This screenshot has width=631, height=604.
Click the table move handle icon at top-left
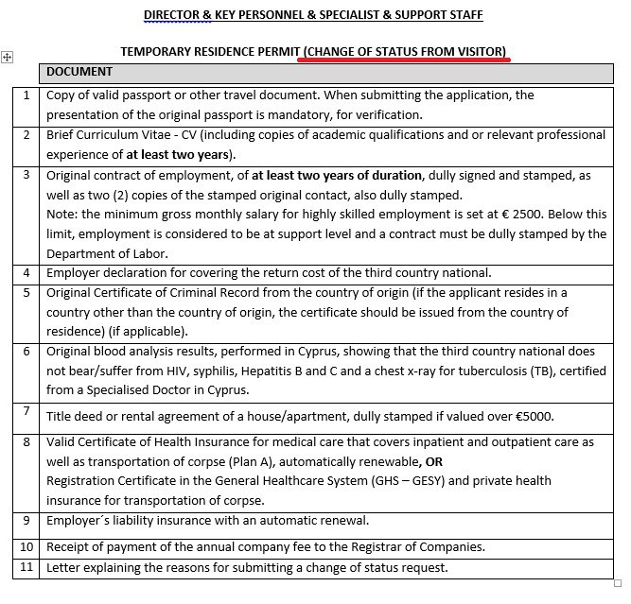click(x=8, y=58)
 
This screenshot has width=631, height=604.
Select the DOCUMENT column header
click(x=79, y=72)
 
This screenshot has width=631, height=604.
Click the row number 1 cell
click(x=26, y=95)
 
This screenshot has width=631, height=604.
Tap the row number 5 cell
click(x=26, y=293)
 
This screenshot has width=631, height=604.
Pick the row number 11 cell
click(x=26, y=568)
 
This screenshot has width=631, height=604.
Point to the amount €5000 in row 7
click(x=535, y=416)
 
